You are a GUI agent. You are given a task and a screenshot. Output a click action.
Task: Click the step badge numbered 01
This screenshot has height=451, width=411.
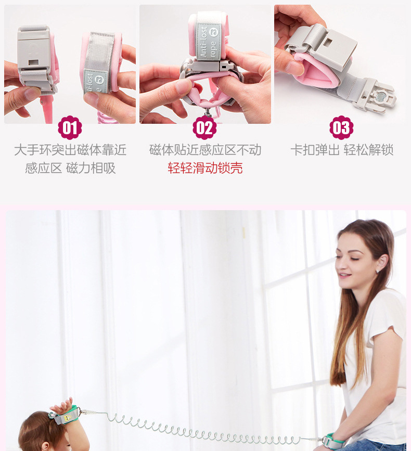pyautogui.click(x=70, y=128)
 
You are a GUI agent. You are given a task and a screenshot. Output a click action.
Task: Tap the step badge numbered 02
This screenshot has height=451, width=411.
pyautogui.click(x=204, y=128)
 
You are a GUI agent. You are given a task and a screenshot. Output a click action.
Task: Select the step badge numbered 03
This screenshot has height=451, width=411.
pyautogui.click(x=341, y=128)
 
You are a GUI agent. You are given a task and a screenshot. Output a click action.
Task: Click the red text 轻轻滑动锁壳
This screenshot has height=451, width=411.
pyautogui.click(x=205, y=168)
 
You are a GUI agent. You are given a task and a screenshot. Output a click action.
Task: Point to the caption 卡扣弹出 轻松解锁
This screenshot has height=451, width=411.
pyautogui.click(x=342, y=150)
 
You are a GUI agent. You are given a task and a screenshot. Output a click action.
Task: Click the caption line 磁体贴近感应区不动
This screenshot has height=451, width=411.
pyautogui.click(x=205, y=150)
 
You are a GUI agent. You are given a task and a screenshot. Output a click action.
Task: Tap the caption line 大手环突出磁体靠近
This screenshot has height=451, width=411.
pyautogui.click(x=70, y=150)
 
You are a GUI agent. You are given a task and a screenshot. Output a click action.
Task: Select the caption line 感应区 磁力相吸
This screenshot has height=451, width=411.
pyautogui.click(x=70, y=168)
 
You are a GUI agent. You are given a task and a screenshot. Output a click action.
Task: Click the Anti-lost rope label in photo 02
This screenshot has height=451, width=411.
pyautogui.click(x=209, y=41)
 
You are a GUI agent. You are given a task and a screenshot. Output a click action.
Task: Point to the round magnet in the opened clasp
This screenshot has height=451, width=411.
pyautogui.click(x=380, y=97)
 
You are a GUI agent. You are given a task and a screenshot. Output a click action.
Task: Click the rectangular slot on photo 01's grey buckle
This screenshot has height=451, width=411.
pyautogui.click(x=33, y=62)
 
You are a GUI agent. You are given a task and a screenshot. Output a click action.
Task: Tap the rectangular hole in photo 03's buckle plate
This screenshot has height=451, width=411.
pyautogui.click(x=328, y=42)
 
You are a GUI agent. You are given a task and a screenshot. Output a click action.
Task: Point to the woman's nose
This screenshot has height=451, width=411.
pyautogui.click(x=338, y=265)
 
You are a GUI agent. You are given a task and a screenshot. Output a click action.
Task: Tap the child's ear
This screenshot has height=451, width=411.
pyautogui.click(x=45, y=446)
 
